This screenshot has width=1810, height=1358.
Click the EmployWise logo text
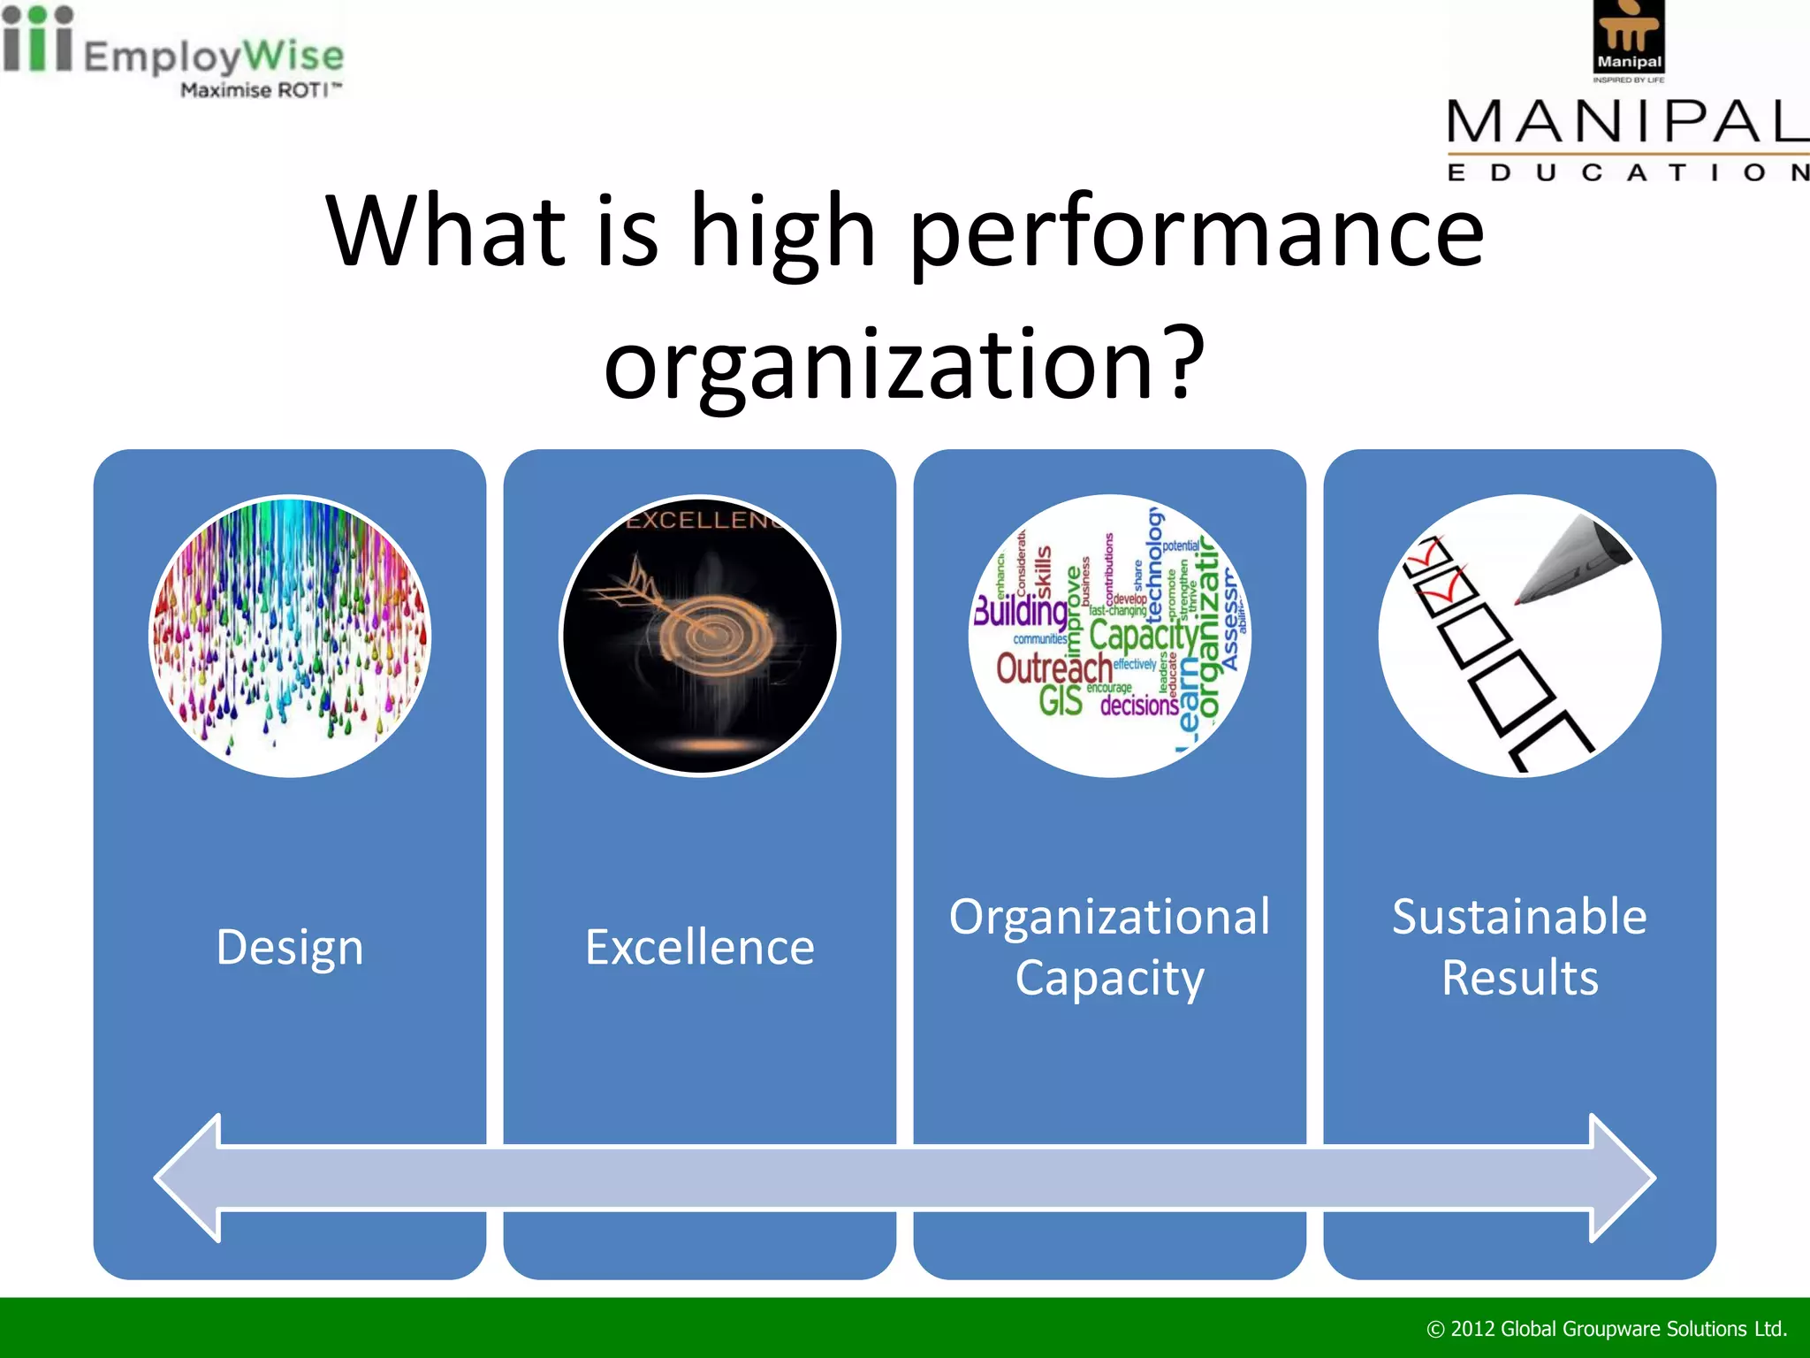[x=212, y=55]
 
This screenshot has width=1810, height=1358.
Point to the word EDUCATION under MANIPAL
[x=1626, y=172]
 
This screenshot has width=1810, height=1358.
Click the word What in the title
[x=446, y=232]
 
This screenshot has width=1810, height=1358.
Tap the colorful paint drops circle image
[x=290, y=636]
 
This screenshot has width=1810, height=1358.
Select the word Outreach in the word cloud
[x=1053, y=669]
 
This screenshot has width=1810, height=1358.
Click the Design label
[x=290, y=947]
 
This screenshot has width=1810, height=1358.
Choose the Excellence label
[x=699, y=947]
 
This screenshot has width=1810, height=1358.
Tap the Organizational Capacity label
[x=1109, y=947]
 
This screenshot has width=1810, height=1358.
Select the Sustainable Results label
[x=1519, y=947]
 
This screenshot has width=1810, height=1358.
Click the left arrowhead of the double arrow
[x=190, y=1178]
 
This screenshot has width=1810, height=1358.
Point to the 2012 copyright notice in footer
[x=1607, y=1329]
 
